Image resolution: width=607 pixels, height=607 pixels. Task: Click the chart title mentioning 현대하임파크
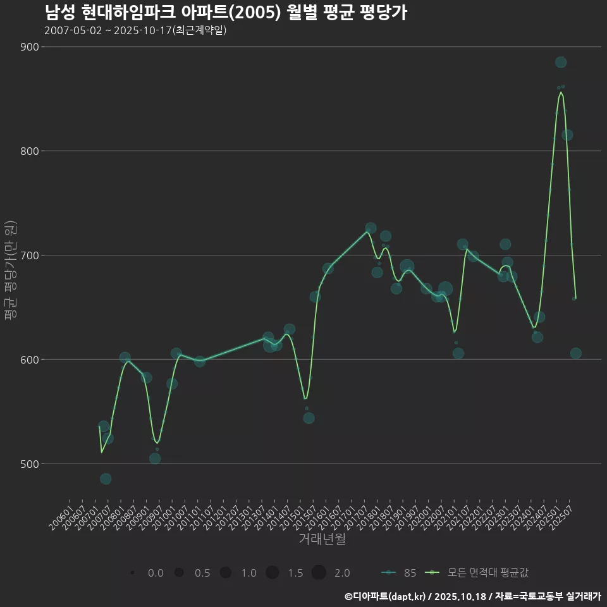(x=226, y=13)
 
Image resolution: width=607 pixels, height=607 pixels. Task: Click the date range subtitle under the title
(x=135, y=31)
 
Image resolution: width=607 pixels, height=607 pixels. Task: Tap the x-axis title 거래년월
(x=322, y=539)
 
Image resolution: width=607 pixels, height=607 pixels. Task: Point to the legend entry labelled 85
(x=399, y=573)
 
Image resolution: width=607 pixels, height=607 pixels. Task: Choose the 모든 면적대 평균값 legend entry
(x=478, y=573)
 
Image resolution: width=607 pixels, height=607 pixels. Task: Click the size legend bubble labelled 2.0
(x=319, y=573)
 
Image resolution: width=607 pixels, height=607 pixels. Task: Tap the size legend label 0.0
(x=155, y=573)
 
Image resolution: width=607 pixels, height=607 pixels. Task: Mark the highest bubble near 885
(x=561, y=62)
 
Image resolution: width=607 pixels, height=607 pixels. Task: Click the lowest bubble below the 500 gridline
(x=106, y=479)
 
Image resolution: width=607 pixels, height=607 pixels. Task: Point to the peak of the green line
(x=561, y=92)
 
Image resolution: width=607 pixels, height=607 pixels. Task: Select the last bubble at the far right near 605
(x=575, y=353)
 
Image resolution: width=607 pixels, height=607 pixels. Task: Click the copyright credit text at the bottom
(x=472, y=596)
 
